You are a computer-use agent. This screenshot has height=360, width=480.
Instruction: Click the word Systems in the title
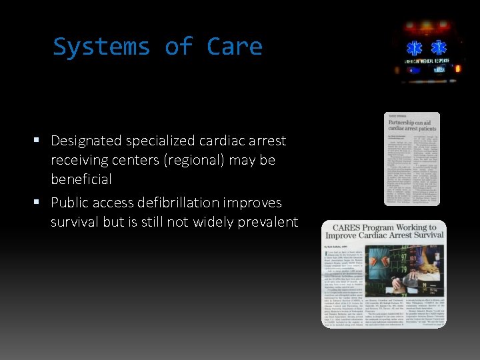coord(101,47)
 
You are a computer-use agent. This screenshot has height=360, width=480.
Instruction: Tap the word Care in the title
coord(235,47)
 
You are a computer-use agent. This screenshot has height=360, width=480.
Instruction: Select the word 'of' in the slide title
coord(178,47)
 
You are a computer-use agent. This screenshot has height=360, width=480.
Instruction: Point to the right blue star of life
coord(439,48)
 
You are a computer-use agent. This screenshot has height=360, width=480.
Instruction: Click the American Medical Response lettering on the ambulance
coord(427,61)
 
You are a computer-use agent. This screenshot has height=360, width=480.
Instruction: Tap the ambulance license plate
coord(427,69)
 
